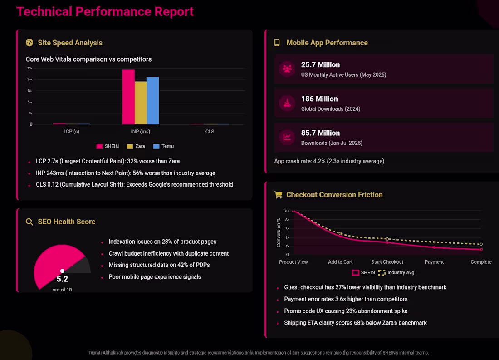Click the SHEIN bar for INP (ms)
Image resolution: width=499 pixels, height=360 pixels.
[128, 97]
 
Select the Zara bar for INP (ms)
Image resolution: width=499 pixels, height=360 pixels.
[141, 103]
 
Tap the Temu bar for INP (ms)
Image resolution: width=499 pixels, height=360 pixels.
[153, 100]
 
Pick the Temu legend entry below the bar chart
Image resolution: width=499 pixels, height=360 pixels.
[163, 146]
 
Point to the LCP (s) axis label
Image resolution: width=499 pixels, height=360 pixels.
[71, 132]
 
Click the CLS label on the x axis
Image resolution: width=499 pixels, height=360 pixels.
[210, 132]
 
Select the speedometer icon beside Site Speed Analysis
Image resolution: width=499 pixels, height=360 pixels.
[29, 43]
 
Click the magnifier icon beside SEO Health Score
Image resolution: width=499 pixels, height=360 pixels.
[29, 222]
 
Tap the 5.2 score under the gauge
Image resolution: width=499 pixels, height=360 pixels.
[62, 279]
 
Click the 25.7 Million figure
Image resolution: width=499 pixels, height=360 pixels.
[320, 64]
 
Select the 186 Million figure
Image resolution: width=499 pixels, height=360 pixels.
[319, 99]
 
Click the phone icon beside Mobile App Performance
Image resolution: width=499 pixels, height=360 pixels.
[277, 43]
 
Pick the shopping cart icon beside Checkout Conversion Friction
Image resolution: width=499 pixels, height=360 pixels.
[278, 195]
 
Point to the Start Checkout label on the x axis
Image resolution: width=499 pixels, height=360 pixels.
[387, 262]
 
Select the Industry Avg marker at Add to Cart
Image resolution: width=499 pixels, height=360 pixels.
[341, 233]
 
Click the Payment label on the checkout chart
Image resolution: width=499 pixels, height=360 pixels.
[434, 262]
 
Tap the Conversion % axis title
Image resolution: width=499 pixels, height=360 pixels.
[279, 232]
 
